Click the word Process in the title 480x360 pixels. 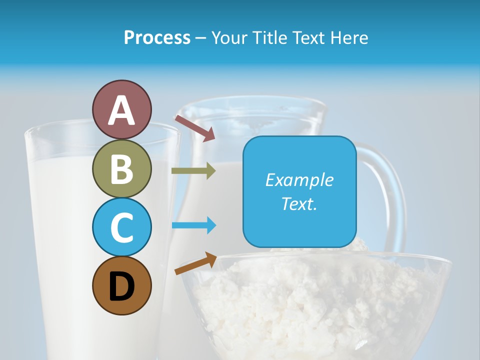pos(157,38)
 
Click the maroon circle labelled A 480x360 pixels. pos(121,109)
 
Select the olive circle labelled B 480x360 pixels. pos(121,168)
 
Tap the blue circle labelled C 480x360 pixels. pos(121,227)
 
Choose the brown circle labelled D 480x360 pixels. pos(121,285)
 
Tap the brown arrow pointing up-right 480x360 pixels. pos(195,263)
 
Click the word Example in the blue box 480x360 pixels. pos(299,180)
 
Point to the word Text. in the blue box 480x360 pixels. pos(299,203)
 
